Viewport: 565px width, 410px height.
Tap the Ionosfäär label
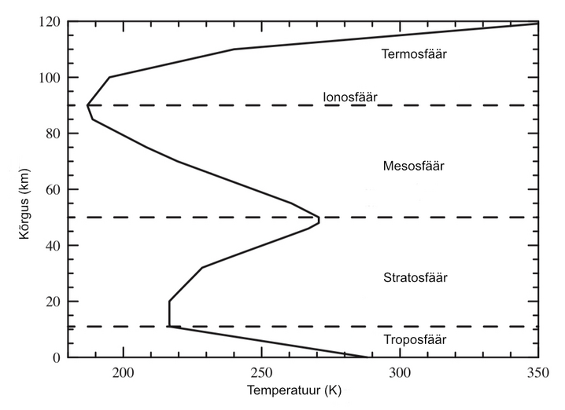350,97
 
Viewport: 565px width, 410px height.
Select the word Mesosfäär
414,167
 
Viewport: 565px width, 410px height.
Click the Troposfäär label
415,340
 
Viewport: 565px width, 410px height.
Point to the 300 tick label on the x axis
400,372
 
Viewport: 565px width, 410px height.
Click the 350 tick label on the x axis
537,372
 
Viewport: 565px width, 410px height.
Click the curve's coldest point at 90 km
87,104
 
